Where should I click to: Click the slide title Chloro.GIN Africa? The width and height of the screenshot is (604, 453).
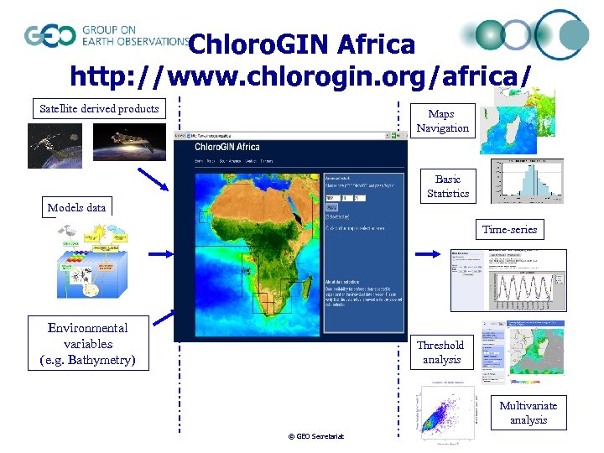pyautogui.click(x=302, y=44)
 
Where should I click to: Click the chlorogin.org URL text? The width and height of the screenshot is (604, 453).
pyautogui.click(x=300, y=76)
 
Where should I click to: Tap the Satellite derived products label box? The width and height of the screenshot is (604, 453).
pyautogui.click(x=99, y=108)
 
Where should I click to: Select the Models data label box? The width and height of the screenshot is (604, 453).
pyautogui.click(x=77, y=207)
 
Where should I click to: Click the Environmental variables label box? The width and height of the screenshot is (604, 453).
pyautogui.click(x=88, y=344)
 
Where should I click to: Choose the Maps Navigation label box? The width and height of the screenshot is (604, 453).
pyautogui.click(x=442, y=121)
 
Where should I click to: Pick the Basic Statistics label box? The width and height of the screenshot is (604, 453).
pyautogui.click(x=447, y=186)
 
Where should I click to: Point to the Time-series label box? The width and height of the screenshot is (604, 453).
pyautogui.click(x=509, y=229)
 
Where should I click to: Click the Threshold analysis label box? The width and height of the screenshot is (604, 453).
pyautogui.click(x=440, y=351)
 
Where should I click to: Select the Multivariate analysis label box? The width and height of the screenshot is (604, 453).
pyautogui.click(x=528, y=413)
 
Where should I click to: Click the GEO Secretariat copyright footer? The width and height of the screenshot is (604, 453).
pyautogui.click(x=316, y=436)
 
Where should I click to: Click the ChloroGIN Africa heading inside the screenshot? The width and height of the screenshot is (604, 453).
pyautogui.click(x=227, y=147)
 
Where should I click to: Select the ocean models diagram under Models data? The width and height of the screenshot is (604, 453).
pyautogui.click(x=86, y=261)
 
